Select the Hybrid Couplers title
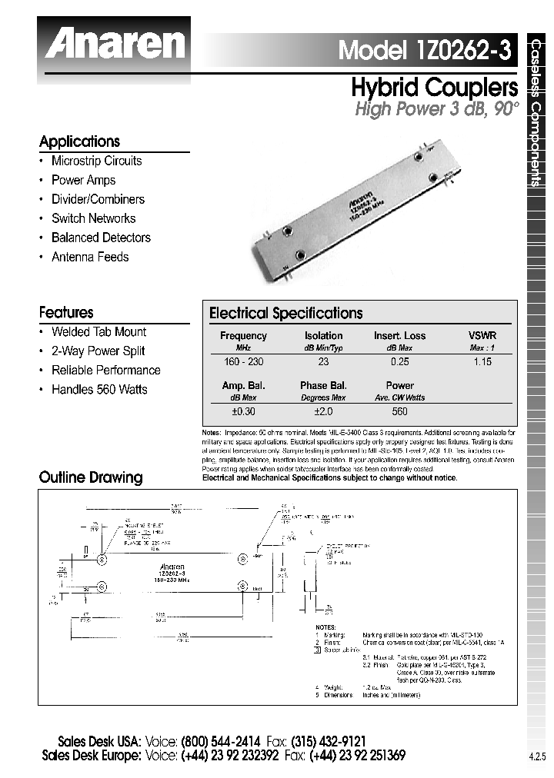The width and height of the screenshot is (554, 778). coord(434,86)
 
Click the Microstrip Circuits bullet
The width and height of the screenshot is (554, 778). coord(96,161)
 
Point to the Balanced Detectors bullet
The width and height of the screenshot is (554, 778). coord(100,238)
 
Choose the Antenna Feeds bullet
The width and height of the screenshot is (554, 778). coord(89,257)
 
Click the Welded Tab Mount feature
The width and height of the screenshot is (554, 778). coord(98,331)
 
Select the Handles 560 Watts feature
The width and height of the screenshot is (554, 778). coord(98,389)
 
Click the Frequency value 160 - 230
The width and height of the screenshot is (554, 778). coord(243,361)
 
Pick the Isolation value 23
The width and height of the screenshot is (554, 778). coord(323,361)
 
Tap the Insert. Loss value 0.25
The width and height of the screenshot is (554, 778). coord(399,361)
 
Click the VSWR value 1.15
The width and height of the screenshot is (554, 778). coord(482,361)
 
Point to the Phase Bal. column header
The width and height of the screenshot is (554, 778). coord(323,385)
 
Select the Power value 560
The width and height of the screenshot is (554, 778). coord(399,411)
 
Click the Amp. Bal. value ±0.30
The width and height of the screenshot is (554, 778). coord(243,411)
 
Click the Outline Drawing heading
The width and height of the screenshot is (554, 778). coord(91,477)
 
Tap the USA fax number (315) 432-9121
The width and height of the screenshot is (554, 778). coord(333,742)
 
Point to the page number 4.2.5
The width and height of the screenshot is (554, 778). coord(536,756)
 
